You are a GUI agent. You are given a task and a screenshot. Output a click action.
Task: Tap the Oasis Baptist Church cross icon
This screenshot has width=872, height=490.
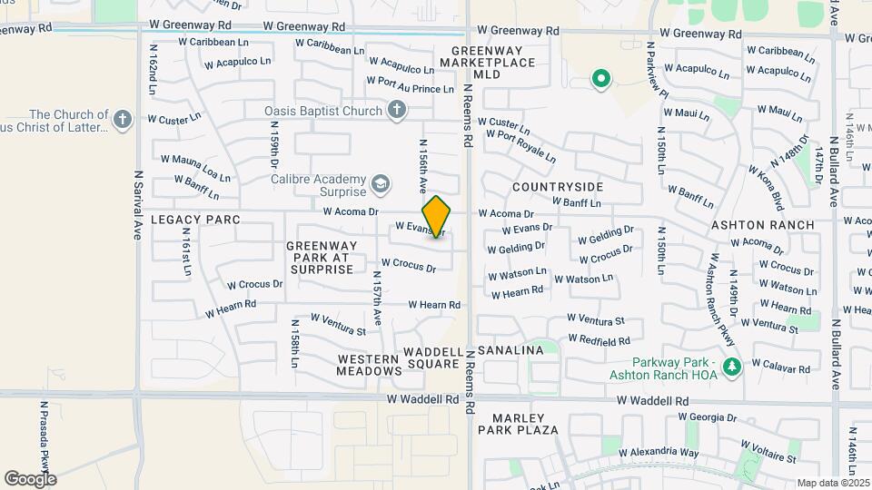click(x=395, y=111)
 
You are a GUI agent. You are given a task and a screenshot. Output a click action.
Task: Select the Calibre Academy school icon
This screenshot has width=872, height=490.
click(x=381, y=185)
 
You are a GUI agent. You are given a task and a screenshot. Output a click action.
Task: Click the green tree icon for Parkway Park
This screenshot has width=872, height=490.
click(x=731, y=366)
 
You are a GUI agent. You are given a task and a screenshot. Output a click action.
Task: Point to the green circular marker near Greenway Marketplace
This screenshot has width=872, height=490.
click(x=599, y=80)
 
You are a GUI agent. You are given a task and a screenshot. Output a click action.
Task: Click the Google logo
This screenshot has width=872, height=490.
click(x=30, y=478)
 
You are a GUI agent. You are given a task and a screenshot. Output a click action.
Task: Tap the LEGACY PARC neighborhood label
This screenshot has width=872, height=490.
click(x=195, y=220)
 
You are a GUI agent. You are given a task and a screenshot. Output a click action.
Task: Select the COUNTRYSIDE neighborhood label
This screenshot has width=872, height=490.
click(x=557, y=186)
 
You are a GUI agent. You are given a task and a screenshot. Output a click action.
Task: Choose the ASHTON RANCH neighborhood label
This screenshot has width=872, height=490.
click(x=762, y=224)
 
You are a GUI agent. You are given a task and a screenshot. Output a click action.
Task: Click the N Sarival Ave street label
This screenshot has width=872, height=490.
click(x=139, y=205)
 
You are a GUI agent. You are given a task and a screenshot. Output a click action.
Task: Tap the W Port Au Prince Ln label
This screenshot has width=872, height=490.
click(x=410, y=84)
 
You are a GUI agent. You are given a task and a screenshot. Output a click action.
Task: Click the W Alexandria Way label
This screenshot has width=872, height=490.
click(x=659, y=452)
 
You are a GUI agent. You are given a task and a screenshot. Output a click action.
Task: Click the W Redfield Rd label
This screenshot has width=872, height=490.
click(x=599, y=340)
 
